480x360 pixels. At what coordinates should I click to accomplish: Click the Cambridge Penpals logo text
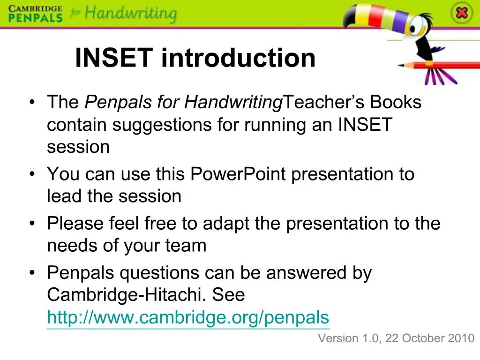pos(35,13)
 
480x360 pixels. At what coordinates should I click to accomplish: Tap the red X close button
pos(462,13)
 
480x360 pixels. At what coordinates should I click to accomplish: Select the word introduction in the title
pos(238,58)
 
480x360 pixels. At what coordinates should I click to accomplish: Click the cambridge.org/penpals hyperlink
pos(188,317)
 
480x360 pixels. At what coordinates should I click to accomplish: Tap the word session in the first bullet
pos(78,147)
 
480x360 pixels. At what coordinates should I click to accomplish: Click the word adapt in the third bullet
pos(226,223)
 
